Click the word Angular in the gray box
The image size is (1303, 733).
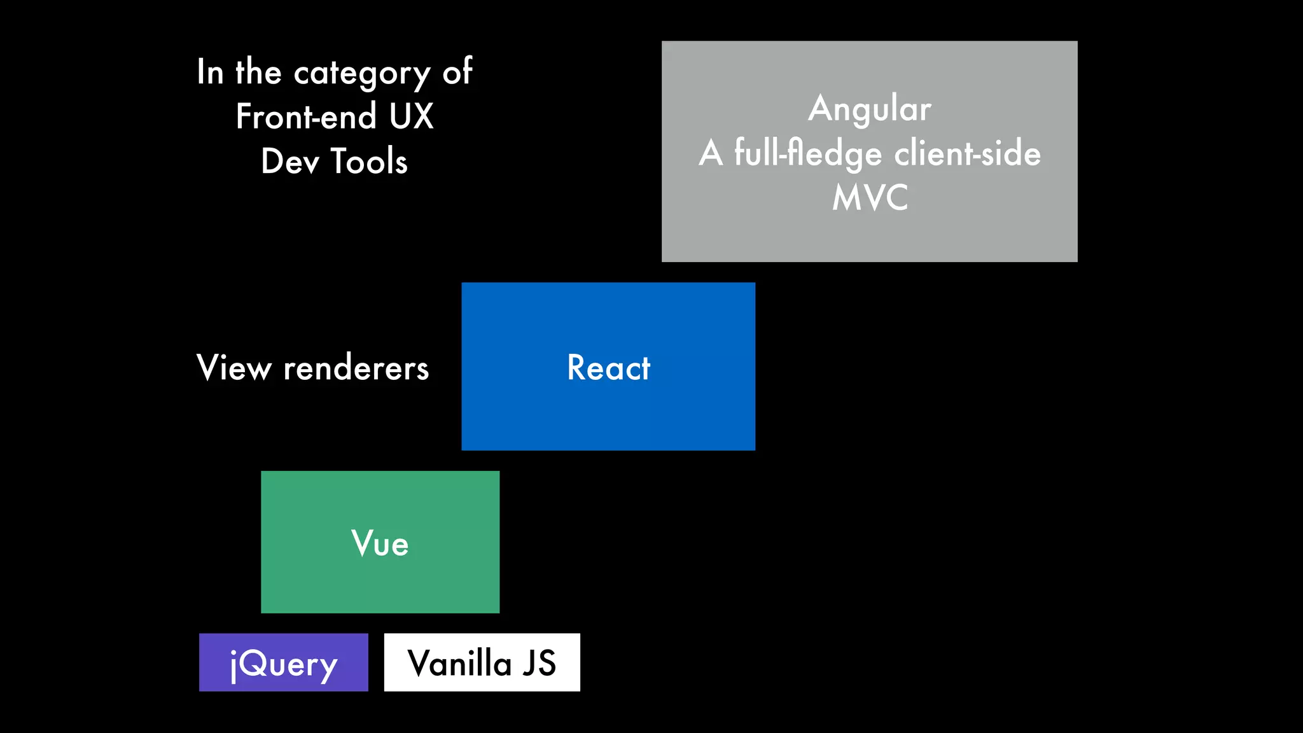point(869,109)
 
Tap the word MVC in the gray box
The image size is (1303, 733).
point(870,198)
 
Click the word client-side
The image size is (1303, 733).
point(967,153)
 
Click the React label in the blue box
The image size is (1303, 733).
point(608,368)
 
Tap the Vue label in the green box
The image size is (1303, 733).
point(380,543)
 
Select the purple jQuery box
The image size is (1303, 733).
point(283,662)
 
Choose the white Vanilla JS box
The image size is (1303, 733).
point(482,662)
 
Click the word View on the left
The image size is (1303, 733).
point(233,368)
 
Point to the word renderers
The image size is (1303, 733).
point(356,368)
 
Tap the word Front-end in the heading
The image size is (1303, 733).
point(305,116)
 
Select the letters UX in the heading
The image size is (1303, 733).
point(411,116)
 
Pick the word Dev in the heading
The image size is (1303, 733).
point(289,161)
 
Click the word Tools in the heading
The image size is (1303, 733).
point(369,161)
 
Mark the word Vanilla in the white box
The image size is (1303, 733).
point(459,663)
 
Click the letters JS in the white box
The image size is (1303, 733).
point(539,663)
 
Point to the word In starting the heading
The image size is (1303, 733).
point(210,72)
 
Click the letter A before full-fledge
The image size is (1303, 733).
point(711,153)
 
